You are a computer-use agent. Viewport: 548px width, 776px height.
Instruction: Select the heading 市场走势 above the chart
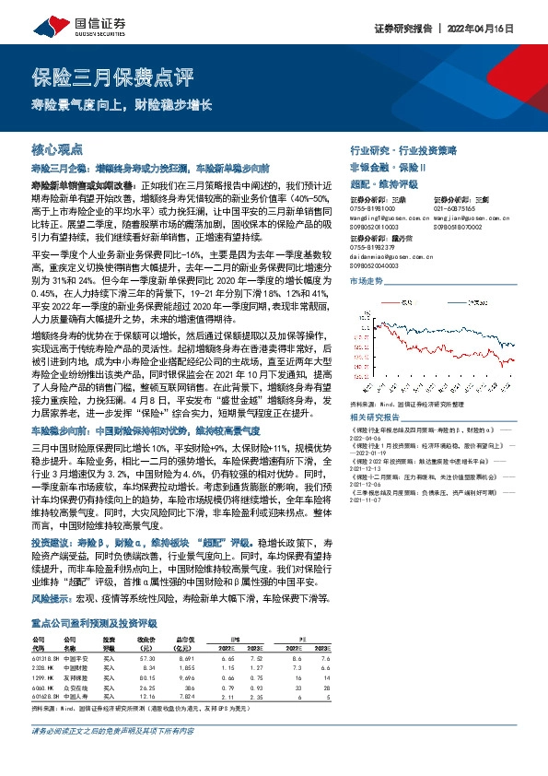367,280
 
